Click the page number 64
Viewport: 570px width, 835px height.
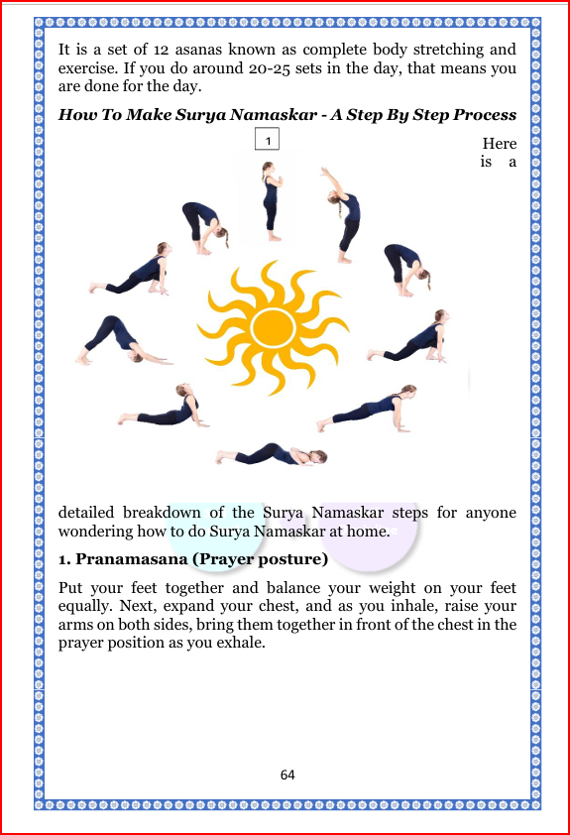287,775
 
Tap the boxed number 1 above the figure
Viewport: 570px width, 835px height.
267,140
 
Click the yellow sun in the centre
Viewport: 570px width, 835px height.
270,324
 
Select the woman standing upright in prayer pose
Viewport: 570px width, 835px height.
269,202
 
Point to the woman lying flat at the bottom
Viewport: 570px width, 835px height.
272,454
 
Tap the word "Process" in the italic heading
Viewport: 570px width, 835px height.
484,114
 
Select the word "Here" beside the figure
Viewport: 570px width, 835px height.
499,144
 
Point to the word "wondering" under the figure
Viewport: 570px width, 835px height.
98,533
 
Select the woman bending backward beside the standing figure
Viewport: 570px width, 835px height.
340,213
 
